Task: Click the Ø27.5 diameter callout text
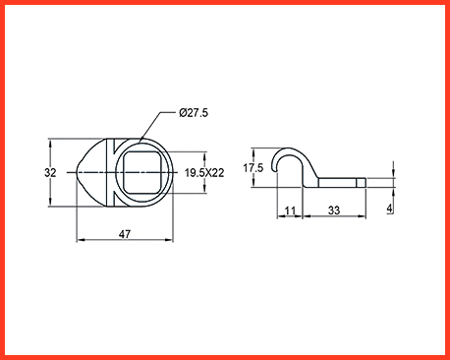pos(194,113)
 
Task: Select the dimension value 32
pos(50,172)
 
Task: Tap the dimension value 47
pos(125,234)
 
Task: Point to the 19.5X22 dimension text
pos(204,173)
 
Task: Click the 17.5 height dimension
pos(253,168)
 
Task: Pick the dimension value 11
pos(290,210)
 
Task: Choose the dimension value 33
pos(334,210)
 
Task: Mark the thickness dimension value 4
pos(389,208)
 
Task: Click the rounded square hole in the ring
pos(142,172)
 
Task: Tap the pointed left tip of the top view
pos(77,172)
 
